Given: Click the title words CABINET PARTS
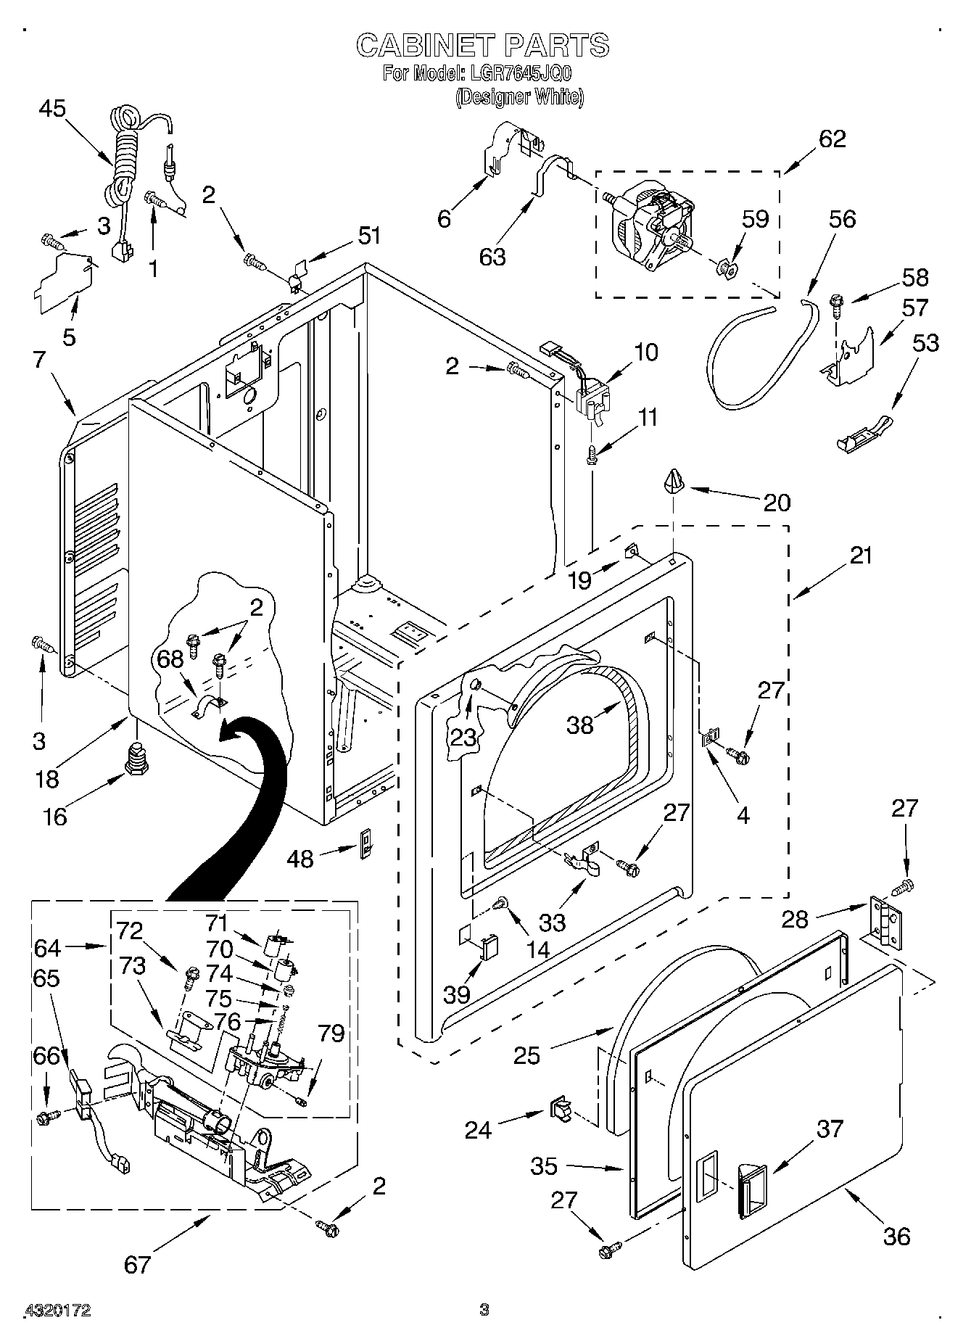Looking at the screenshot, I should click(x=482, y=46).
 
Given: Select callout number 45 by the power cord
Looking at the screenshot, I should click(x=52, y=109).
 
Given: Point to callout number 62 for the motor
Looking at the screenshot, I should click(x=832, y=139).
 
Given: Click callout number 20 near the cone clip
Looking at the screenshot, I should click(x=777, y=503).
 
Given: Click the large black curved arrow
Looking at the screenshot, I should click(x=239, y=812).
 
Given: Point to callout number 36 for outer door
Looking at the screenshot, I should click(x=897, y=1236).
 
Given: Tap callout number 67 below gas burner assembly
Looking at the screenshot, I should click(x=137, y=1264).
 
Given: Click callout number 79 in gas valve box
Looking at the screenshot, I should click(x=331, y=1033).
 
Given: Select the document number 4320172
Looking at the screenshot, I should click(x=58, y=1310).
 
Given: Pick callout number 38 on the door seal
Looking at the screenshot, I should click(x=580, y=724).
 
